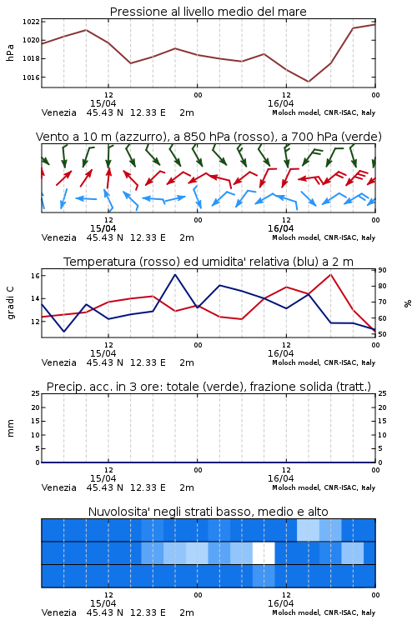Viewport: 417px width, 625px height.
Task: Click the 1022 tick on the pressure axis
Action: click(x=31, y=22)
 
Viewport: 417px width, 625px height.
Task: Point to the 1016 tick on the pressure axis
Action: click(x=31, y=77)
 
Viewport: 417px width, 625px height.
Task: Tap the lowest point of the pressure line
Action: click(x=308, y=82)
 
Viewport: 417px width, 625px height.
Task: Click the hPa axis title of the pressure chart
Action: click(x=10, y=52)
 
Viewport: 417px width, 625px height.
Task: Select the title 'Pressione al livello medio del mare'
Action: click(x=208, y=12)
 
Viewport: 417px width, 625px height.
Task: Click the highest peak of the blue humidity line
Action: click(x=175, y=275)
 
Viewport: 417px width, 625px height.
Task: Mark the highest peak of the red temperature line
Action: click(x=331, y=274)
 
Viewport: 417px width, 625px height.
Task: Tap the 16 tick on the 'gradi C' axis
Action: click(x=35, y=276)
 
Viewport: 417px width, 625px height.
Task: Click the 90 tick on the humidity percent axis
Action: click(x=382, y=270)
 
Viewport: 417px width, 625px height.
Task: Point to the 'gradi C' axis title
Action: click(x=11, y=303)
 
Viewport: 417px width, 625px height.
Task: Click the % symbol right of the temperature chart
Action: click(x=408, y=303)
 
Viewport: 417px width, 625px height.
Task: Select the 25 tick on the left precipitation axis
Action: click(x=36, y=393)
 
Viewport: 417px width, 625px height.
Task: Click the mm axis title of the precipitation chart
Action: click(x=11, y=428)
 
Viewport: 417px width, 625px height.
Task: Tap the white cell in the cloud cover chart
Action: click(x=264, y=552)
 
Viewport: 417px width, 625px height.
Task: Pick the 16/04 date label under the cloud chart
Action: click(x=281, y=603)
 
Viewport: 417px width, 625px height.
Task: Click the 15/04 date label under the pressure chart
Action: click(x=103, y=103)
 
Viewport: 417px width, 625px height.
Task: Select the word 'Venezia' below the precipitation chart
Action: click(x=59, y=487)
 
